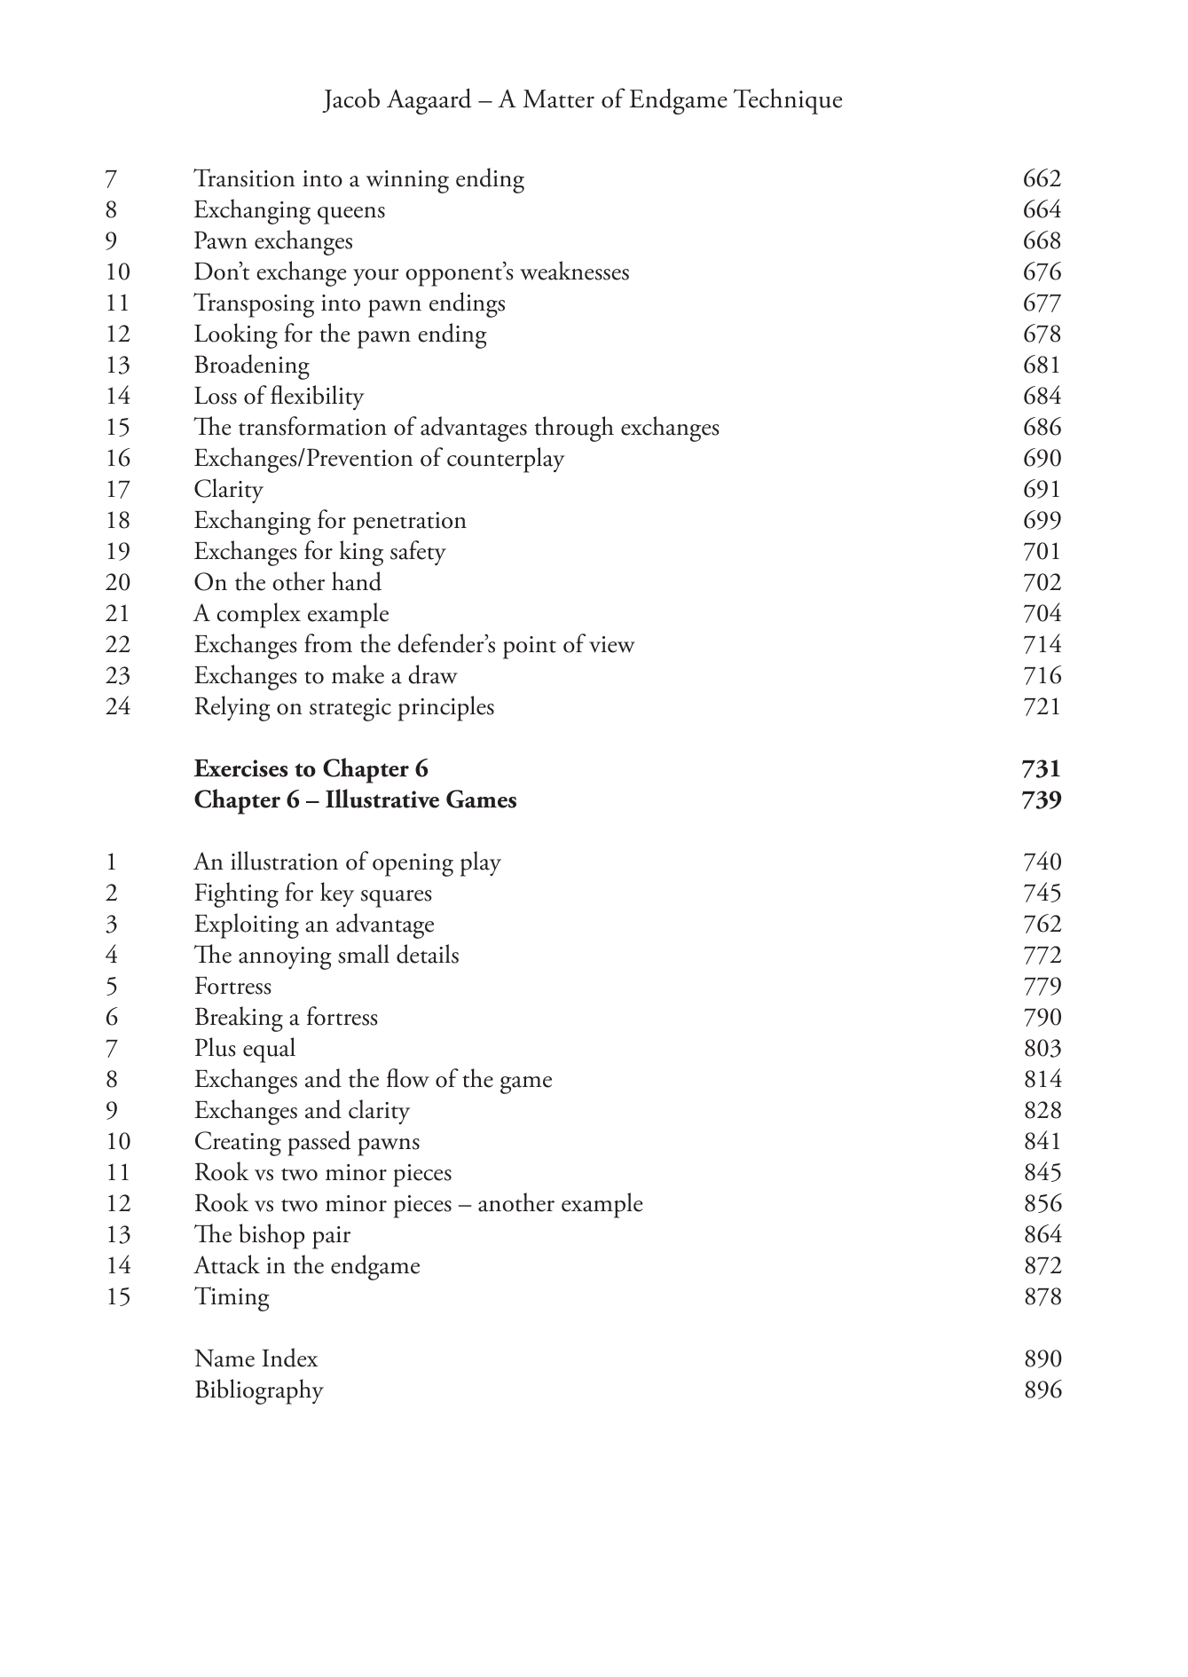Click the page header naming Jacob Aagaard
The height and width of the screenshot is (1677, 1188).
click(x=582, y=99)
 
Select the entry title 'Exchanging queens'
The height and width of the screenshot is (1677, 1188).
click(x=289, y=210)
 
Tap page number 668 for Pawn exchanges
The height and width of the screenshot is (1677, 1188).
click(x=1042, y=241)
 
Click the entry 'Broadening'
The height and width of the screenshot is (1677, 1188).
click(x=251, y=366)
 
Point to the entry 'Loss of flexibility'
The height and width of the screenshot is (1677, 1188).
click(x=279, y=397)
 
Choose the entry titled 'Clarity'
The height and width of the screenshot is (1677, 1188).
click(x=228, y=490)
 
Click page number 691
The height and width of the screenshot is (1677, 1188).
click(x=1042, y=490)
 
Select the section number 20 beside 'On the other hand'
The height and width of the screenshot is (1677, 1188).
click(x=117, y=583)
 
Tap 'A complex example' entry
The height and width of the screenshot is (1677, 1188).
click(x=291, y=614)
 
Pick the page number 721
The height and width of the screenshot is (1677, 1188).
click(x=1042, y=707)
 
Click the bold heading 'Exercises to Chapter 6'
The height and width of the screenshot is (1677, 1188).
click(x=311, y=768)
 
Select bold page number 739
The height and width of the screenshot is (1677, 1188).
click(x=1042, y=800)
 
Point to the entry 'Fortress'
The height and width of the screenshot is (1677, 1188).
click(x=232, y=987)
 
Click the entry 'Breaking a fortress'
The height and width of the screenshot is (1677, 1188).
click(x=286, y=1018)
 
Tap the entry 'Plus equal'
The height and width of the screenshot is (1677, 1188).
click(x=245, y=1049)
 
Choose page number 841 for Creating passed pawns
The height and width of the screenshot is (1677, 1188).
click(x=1042, y=1142)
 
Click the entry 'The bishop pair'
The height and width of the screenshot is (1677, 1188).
click(x=272, y=1235)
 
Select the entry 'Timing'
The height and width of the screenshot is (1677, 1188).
click(x=232, y=1297)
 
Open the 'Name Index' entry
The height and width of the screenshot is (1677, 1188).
click(x=256, y=1359)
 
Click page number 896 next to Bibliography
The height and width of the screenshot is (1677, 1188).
click(x=1042, y=1390)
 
